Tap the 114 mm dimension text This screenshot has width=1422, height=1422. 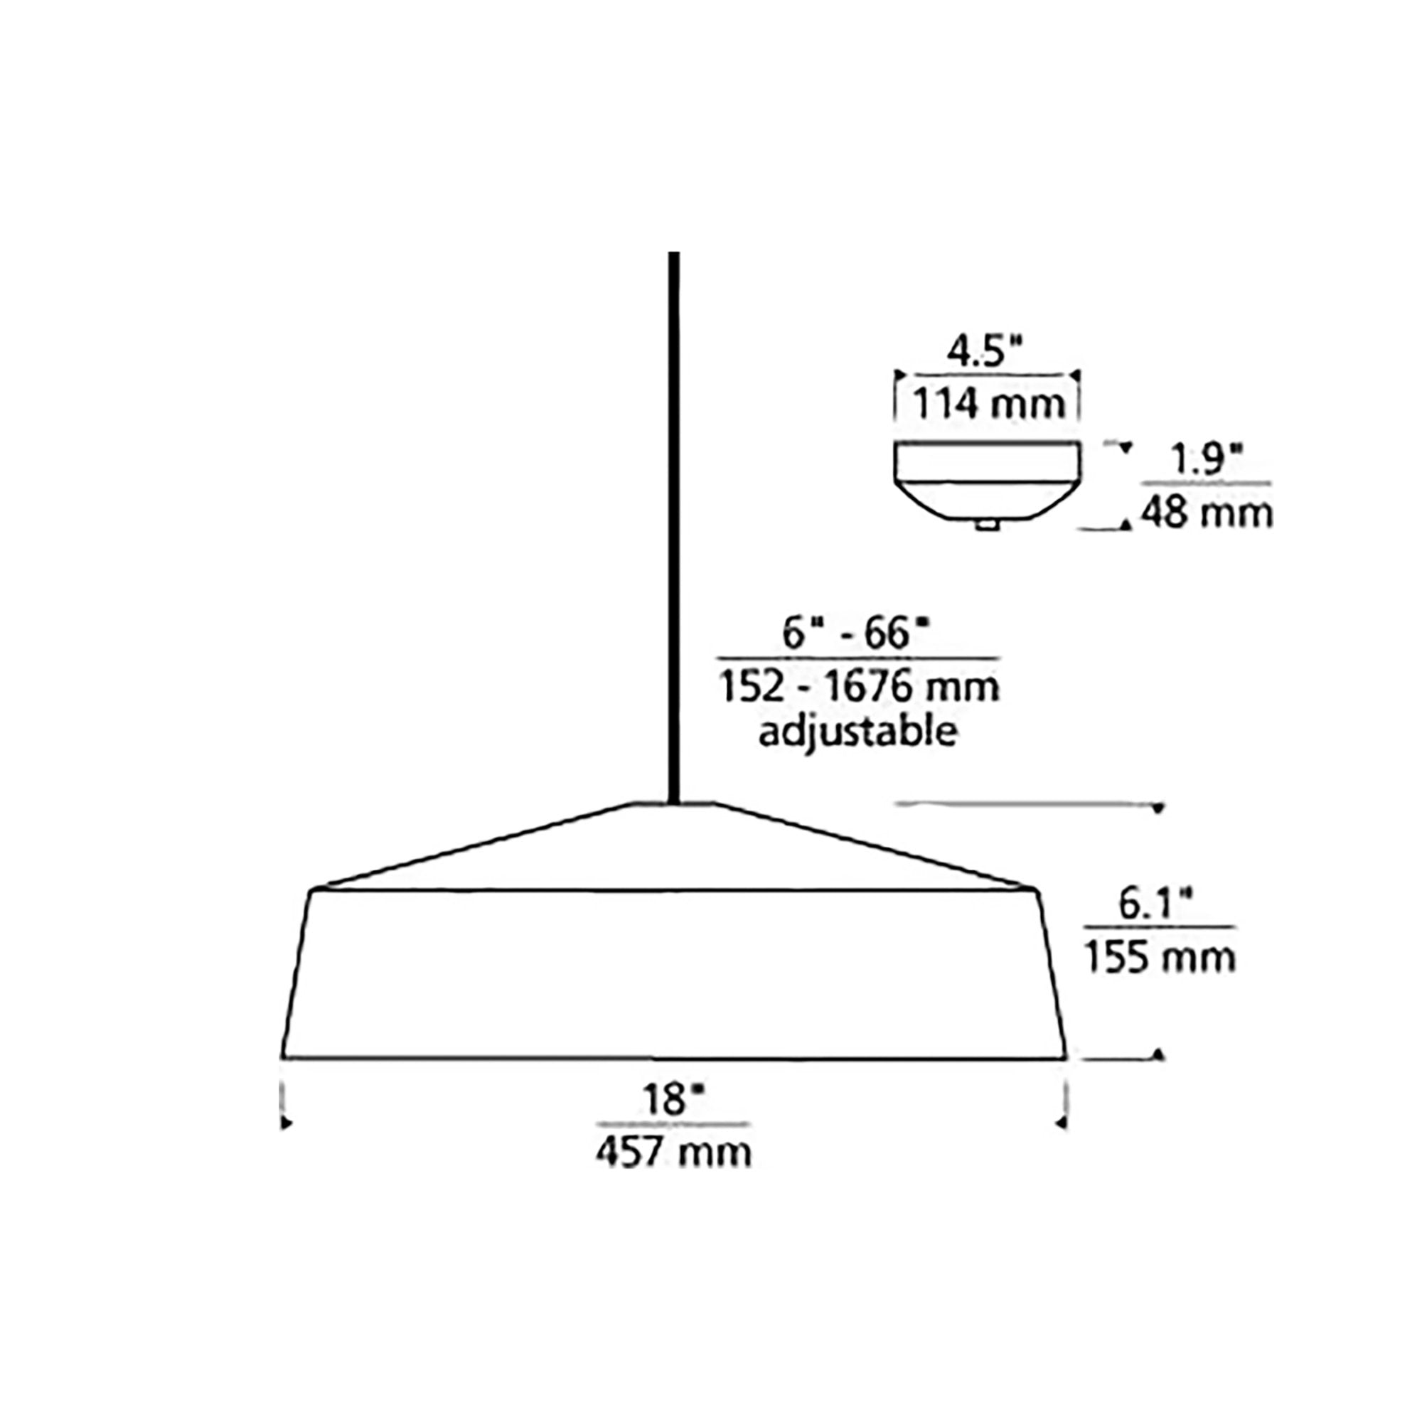(x=988, y=404)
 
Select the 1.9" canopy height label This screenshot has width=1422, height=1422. (x=1207, y=461)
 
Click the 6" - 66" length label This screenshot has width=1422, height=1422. (x=856, y=634)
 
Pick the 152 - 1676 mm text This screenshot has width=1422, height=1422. (x=859, y=687)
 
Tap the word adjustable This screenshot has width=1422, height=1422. (x=858, y=733)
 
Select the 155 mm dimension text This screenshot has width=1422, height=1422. (x=1160, y=958)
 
